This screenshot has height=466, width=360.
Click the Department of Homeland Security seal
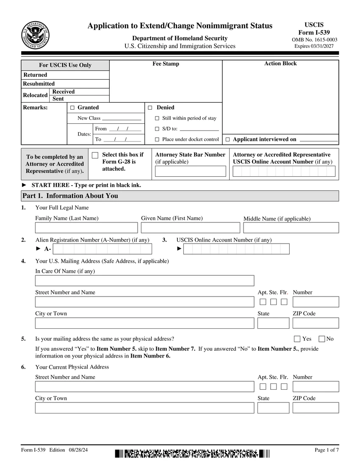pos(35,35)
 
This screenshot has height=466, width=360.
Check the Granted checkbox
pos(72,108)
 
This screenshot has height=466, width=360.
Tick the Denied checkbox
pos(150,108)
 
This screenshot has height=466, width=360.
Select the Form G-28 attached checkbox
pos(95,155)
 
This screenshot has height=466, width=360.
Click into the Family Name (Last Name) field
pos(86,228)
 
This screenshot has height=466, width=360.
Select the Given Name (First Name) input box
pos(190,228)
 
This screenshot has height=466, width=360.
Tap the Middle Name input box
pos(291,228)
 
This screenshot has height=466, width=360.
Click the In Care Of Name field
pos(144,280)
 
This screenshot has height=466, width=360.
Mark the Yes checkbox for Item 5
pos(297,339)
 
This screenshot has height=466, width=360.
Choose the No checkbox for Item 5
pos(321,339)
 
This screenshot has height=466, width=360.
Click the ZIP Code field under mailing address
pos(316,323)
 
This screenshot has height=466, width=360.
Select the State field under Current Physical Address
pos(273,408)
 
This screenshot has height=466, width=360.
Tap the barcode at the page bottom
pos(192,454)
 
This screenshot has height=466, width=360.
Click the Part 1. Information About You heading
pos(70,196)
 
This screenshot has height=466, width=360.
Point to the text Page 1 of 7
pos(327,450)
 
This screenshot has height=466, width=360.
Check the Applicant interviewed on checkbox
pos(227,139)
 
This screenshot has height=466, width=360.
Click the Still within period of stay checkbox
pos(157,119)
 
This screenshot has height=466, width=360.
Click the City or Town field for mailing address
pos(144,323)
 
